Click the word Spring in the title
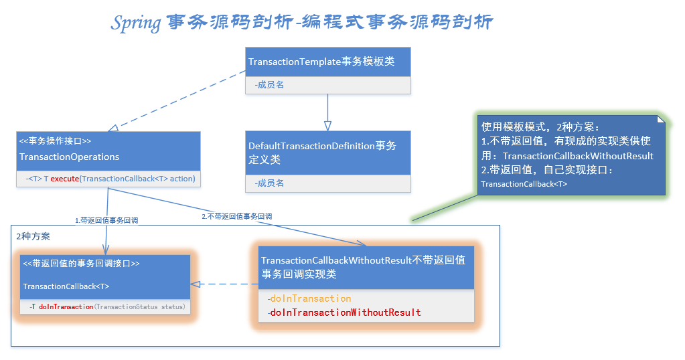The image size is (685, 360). [136, 23]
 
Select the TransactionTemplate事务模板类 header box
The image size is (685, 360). [327, 62]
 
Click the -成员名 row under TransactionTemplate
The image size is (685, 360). [327, 85]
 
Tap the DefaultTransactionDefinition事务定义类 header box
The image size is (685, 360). [327, 153]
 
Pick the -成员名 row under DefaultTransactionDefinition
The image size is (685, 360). [327, 183]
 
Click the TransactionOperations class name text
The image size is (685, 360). [70, 157]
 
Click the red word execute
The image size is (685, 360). [65, 179]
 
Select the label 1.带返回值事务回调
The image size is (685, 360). [106, 219]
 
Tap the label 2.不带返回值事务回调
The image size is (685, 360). [237, 216]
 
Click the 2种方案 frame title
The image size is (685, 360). [33, 236]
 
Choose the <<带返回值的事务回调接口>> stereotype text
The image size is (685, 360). [81, 264]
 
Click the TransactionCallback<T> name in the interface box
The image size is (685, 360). [66, 286]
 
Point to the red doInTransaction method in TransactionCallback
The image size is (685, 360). [66, 306]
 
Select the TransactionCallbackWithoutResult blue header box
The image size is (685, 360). [367, 267]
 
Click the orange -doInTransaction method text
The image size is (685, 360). [309, 298]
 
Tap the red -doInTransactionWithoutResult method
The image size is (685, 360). [345, 312]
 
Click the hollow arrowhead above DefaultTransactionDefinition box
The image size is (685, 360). [327, 125]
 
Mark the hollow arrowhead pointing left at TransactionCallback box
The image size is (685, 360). [195, 284]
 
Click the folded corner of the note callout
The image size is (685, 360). [661, 120]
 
